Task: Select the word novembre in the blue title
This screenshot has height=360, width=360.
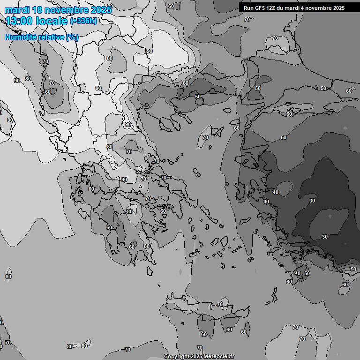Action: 68,10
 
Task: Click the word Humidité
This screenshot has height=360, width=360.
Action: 22,37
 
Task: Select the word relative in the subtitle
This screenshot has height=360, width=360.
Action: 53,37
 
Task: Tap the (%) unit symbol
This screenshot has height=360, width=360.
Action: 72,37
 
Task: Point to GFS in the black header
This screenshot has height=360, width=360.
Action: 260,8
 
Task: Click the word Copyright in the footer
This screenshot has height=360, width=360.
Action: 176,357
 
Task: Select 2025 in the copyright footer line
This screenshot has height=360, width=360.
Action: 196,357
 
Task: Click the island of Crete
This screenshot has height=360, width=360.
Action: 206,312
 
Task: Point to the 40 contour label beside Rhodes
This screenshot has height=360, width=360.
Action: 298,273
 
